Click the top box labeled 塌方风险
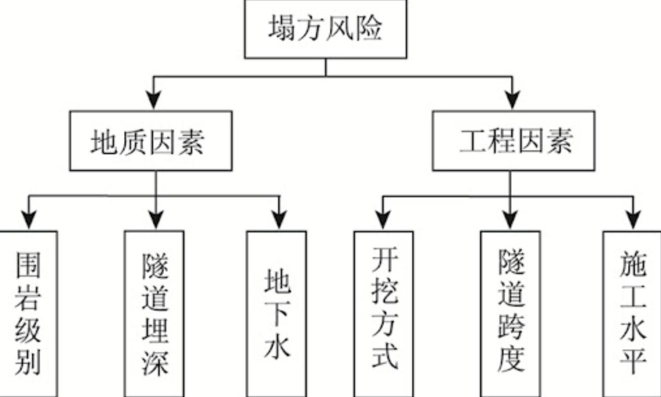point(326,30)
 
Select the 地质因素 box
point(151,141)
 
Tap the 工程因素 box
point(513,141)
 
